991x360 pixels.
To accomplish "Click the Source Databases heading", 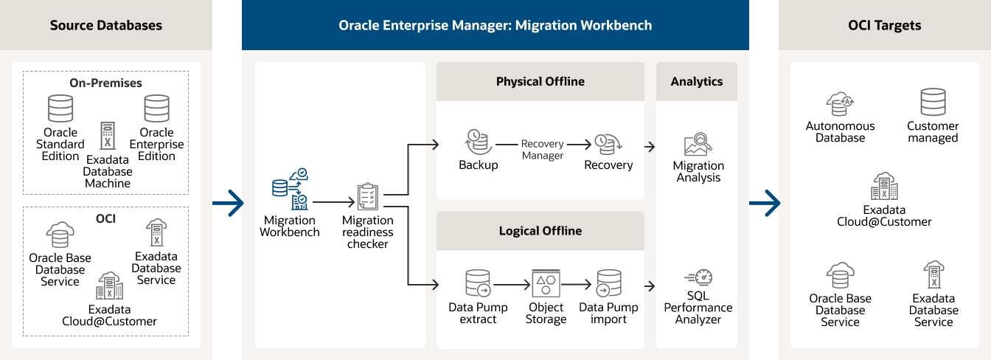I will pyautogui.click(x=106, y=25).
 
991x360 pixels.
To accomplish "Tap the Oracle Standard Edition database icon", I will pyautogui.click(x=60, y=108).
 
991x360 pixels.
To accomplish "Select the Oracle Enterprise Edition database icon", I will pyautogui.click(x=156, y=108).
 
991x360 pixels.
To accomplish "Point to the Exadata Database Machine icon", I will pyautogui.click(x=108, y=136).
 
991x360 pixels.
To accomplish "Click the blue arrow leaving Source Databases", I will pyautogui.click(x=228, y=203).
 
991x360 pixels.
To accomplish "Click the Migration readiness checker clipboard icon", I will pyautogui.click(x=367, y=197).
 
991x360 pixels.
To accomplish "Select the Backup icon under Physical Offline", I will pyautogui.click(x=476, y=142).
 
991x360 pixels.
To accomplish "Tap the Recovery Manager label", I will pyautogui.click(x=542, y=150).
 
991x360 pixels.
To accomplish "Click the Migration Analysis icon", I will pyautogui.click(x=698, y=145).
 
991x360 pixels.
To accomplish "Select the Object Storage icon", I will pyautogui.click(x=546, y=284).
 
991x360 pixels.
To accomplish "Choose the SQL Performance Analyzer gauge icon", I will pyautogui.click(x=698, y=279).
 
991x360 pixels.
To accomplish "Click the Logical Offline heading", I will pyautogui.click(x=540, y=231).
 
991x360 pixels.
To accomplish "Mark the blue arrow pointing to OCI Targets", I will pyautogui.click(x=764, y=203).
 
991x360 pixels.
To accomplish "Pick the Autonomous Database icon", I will pyautogui.click(x=840, y=104).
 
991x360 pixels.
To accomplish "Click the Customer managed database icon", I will pyautogui.click(x=933, y=103).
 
